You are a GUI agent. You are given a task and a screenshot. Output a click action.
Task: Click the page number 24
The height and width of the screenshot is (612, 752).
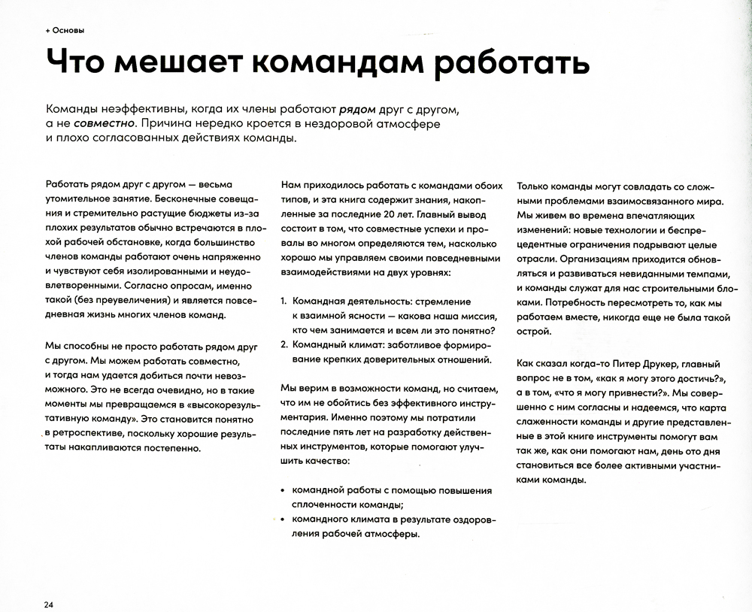click(48, 604)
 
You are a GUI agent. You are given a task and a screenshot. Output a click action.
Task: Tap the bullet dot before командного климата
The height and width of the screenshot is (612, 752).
click(284, 519)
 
